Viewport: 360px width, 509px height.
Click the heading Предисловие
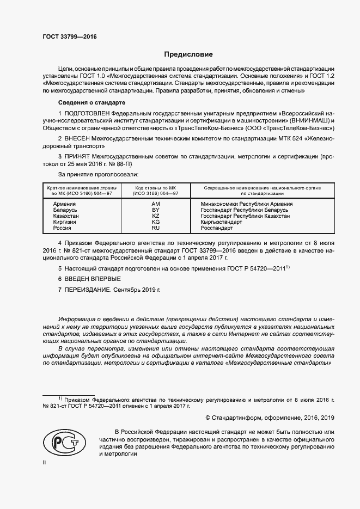click(x=189, y=54)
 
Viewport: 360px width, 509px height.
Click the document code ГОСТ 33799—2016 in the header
click(x=70, y=37)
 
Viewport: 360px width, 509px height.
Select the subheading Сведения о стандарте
click(x=91, y=102)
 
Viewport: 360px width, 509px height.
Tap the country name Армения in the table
click(x=64, y=203)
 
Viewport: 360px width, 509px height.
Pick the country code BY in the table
click(x=155, y=209)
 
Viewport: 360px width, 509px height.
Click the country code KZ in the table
click(x=155, y=216)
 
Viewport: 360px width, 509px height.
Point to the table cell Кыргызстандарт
click(x=222, y=222)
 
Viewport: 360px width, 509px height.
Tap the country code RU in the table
click(x=155, y=229)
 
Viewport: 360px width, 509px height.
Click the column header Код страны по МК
click(x=155, y=190)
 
